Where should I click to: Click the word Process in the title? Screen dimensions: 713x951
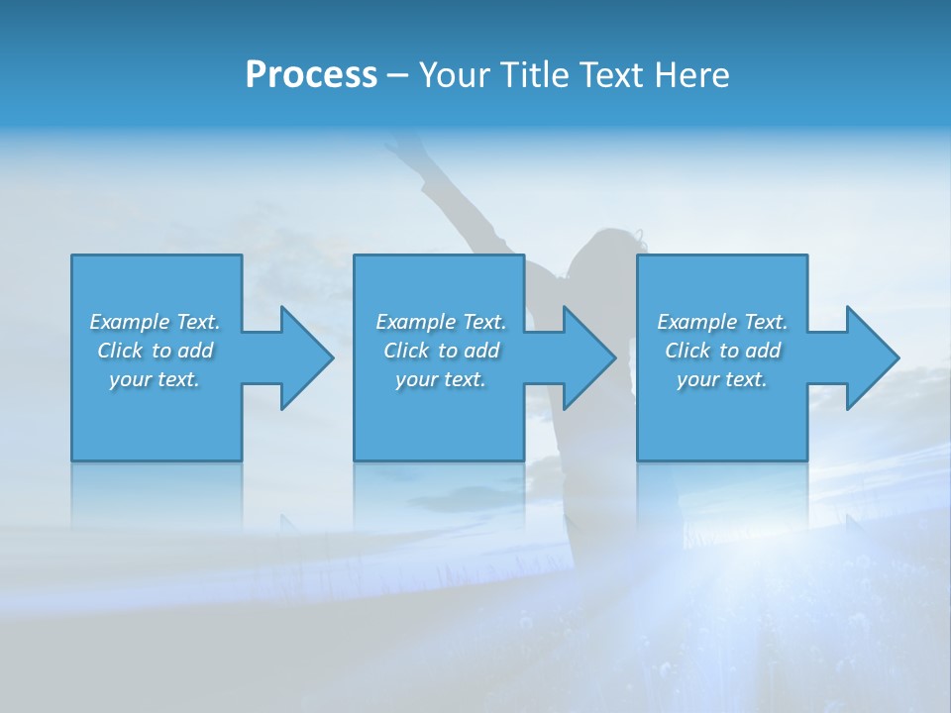(x=311, y=75)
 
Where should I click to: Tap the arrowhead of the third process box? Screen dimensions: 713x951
(x=871, y=357)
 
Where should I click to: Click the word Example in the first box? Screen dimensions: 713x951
(x=130, y=322)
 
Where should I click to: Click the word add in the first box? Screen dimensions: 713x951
(x=196, y=351)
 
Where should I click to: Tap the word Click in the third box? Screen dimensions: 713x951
(x=687, y=351)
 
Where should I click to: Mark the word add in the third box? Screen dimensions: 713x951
(x=764, y=351)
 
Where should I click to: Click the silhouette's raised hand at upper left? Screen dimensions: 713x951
(x=401, y=149)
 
